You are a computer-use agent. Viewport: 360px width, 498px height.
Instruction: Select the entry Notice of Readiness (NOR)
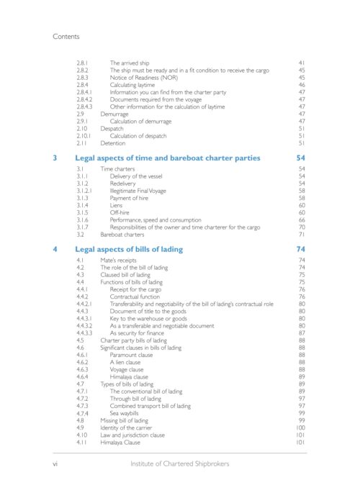coord(145,79)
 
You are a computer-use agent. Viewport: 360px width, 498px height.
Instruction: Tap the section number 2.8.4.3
coord(88,107)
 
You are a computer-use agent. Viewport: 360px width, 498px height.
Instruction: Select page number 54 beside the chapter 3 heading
coord(301,158)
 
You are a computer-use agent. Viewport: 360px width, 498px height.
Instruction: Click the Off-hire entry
coord(120,213)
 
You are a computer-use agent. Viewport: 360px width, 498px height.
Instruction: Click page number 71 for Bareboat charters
coord(302,235)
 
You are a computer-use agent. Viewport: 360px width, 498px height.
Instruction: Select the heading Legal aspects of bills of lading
coord(129,249)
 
